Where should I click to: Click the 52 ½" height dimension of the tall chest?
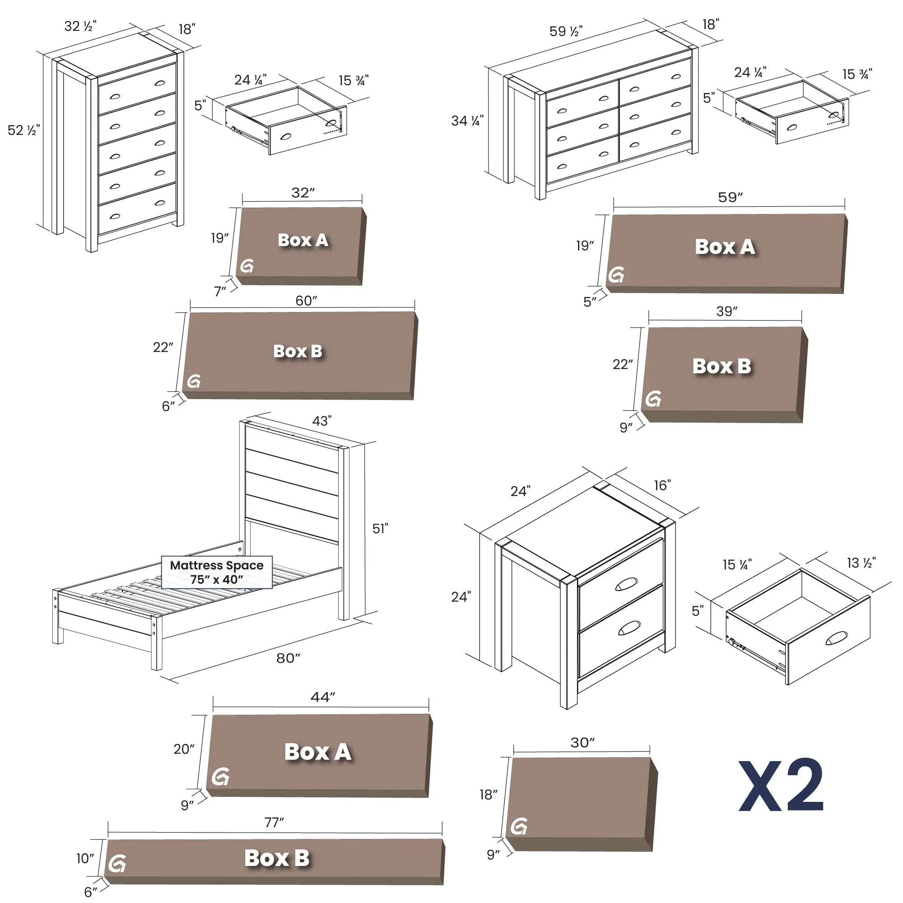pyautogui.click(x=23, y=130)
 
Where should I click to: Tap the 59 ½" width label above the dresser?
pyautogui.click(x=566, y=31)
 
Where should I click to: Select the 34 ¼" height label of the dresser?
pyautogui.click(x=467, y=121)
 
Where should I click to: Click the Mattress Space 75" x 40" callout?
pyautogui.click(x=216, y=572)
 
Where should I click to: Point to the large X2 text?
pyautogui.click(x=781, y=787)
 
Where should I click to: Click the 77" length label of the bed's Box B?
pyautogui.click(x=274, y=823)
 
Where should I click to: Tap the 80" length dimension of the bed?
pyautogui.click(x=288, y=658)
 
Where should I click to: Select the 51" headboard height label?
pyautogui.click(x=380, y=529)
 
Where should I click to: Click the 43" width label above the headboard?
pyautogui.click(x=321, y=421)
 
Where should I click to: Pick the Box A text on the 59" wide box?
pyautogui.click(x=725, y=247)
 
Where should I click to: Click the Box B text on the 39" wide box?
pyautogui.click(x=721, y=366)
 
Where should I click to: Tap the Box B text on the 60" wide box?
pyautogui.click(x=298, y=351)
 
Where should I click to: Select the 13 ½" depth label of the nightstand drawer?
pyautogui.click(x=861, y=563)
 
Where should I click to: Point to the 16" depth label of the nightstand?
pyautogui.click(x=662, y=486)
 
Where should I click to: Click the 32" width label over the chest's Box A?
pyautogui.click(x=303, y=193)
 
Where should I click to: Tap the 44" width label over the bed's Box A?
pyautogui.click(x=322, y=698)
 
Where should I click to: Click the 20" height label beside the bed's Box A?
pyautogui.click(x=184, y=749)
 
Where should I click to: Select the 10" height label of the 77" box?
pyautogui.click(x=85, y=858)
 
